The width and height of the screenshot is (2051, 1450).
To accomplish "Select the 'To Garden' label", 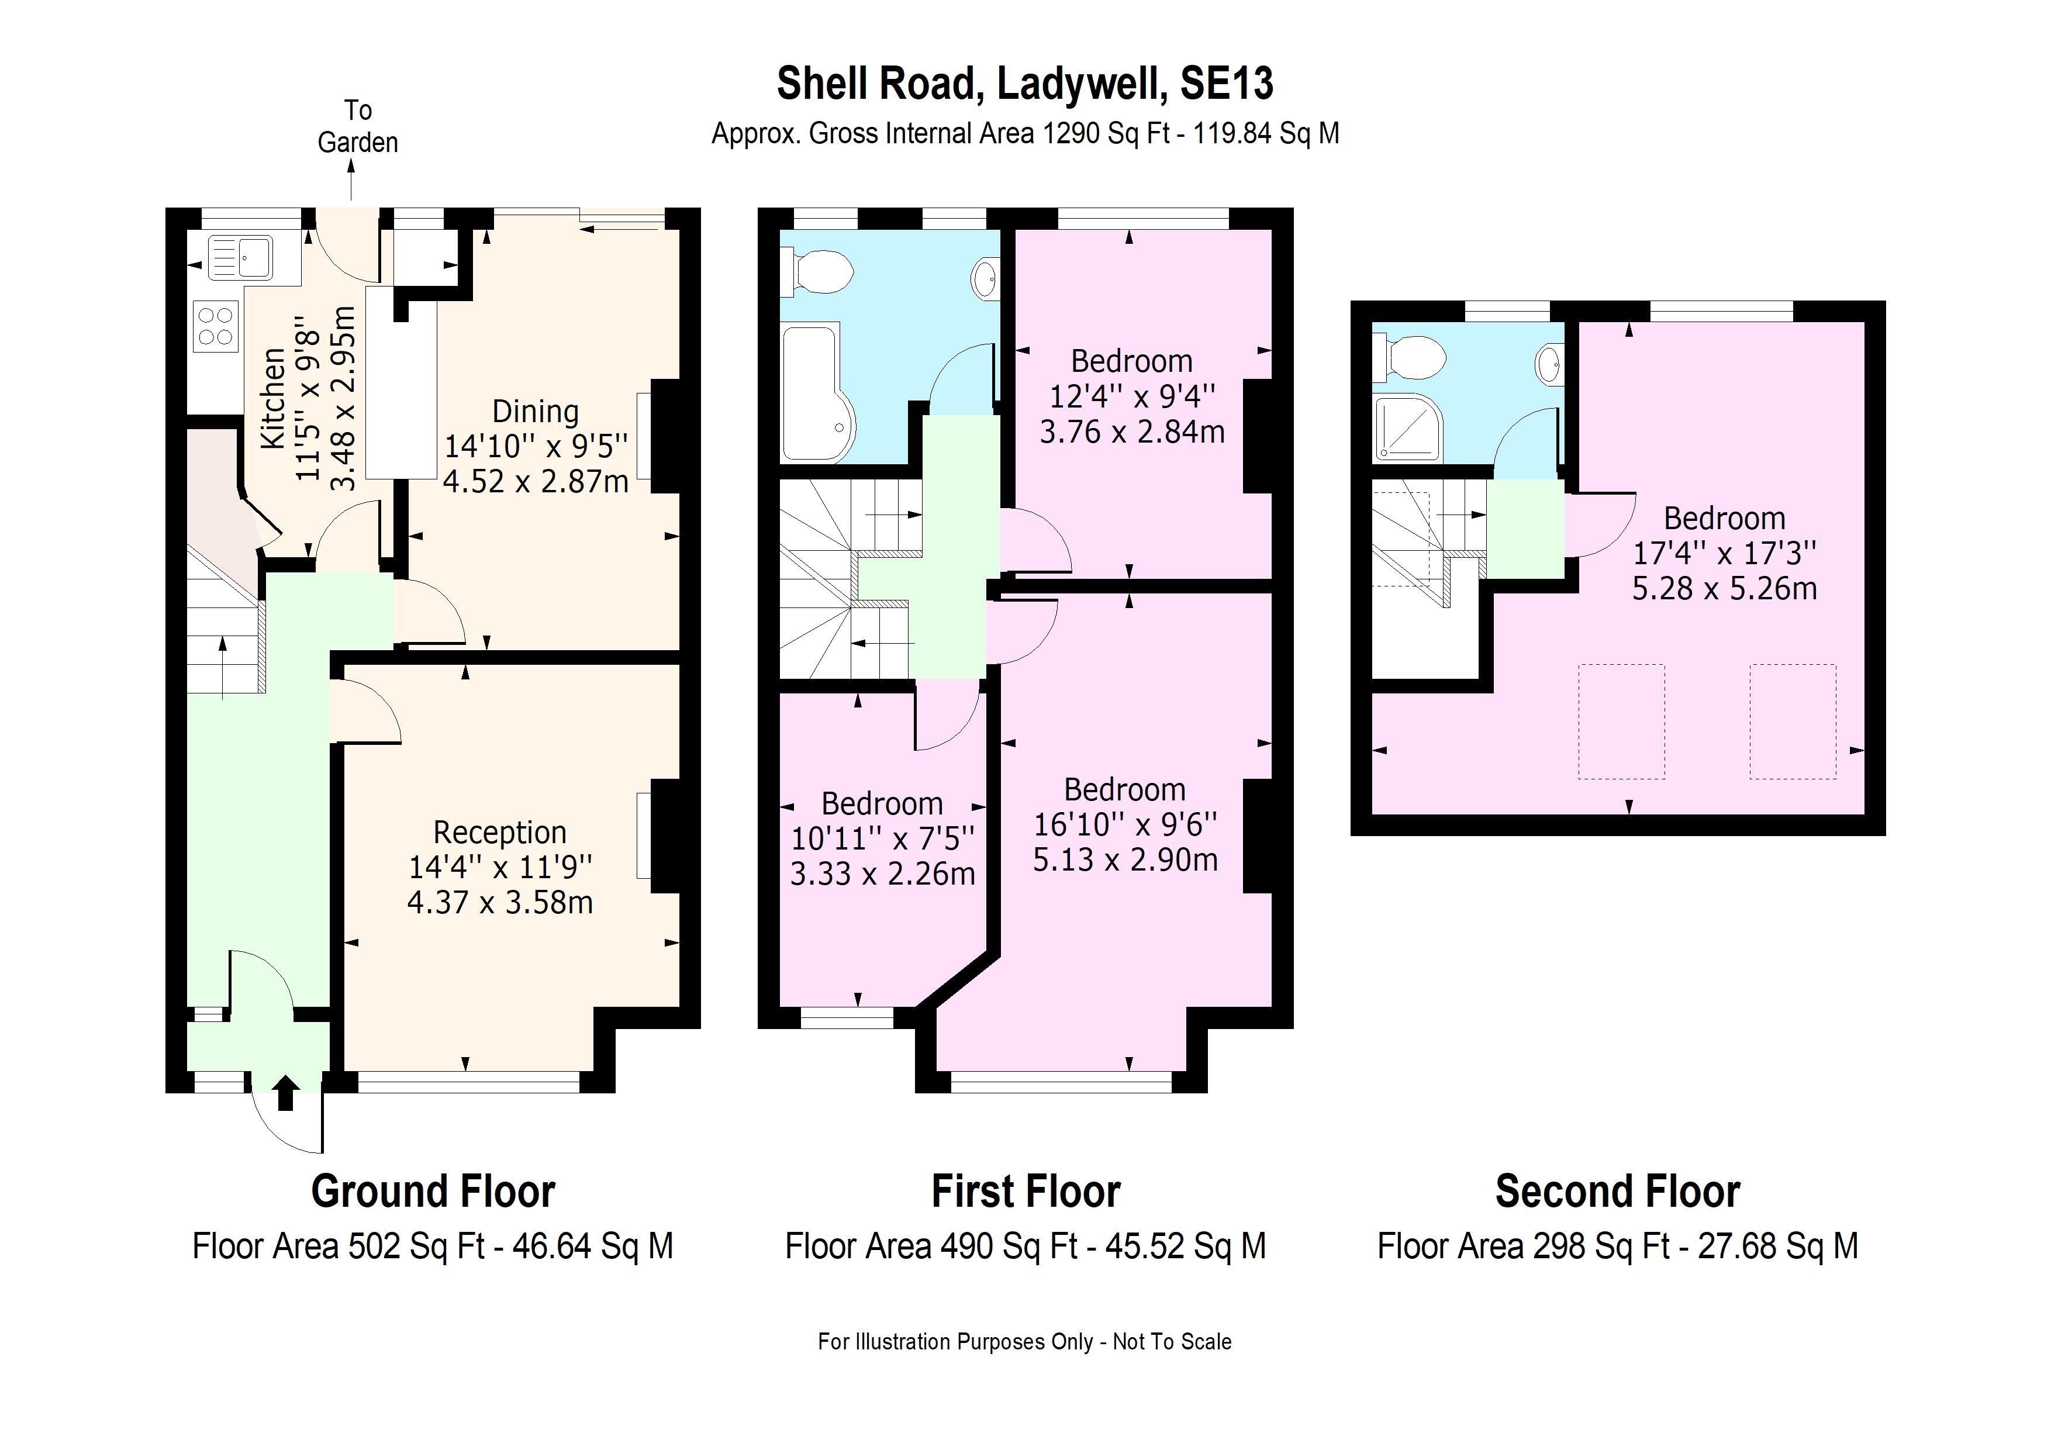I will (357, 126).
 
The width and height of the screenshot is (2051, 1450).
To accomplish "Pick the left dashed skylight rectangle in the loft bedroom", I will (1621, 721).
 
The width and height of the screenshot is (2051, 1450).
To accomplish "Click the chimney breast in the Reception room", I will (665, 836).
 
